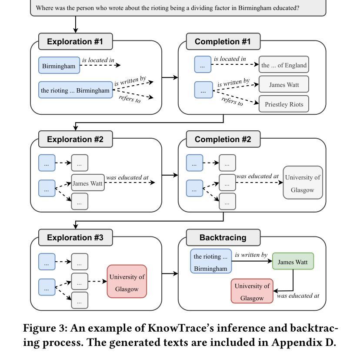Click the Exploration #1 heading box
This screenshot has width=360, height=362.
[x=76, y=42]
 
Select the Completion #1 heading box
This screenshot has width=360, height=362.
[x=223, y=42]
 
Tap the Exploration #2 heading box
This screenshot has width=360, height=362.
[x=76, y=139]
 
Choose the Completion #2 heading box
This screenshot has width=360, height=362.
[x=223, y=139]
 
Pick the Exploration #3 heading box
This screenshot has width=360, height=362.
[x=76, y=238]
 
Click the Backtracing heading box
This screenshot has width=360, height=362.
[x=223, y=238]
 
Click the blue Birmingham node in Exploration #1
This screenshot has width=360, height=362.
[x=59, y=65]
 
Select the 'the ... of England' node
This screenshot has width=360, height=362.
[x=284, y=65]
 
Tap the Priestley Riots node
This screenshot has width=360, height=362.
[x=284, y=104]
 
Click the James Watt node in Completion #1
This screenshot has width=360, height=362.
[x=284, y=84]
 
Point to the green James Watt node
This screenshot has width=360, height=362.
[x=293, y=261]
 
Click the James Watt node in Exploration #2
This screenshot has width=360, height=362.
[x=88, y=183]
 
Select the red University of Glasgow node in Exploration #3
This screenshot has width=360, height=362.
[x=127, y=282]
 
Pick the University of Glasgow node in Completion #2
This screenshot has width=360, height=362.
[x=303, y=183]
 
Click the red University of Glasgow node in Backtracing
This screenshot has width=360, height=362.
[x=252, y=291]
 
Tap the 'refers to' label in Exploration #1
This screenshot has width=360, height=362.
[x=130, y=99]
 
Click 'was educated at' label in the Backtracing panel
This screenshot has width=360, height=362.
[x=298, y=296]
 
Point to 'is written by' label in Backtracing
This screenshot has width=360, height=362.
[x=251, y=255]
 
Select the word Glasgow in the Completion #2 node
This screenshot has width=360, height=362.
[x=303, y=190]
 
